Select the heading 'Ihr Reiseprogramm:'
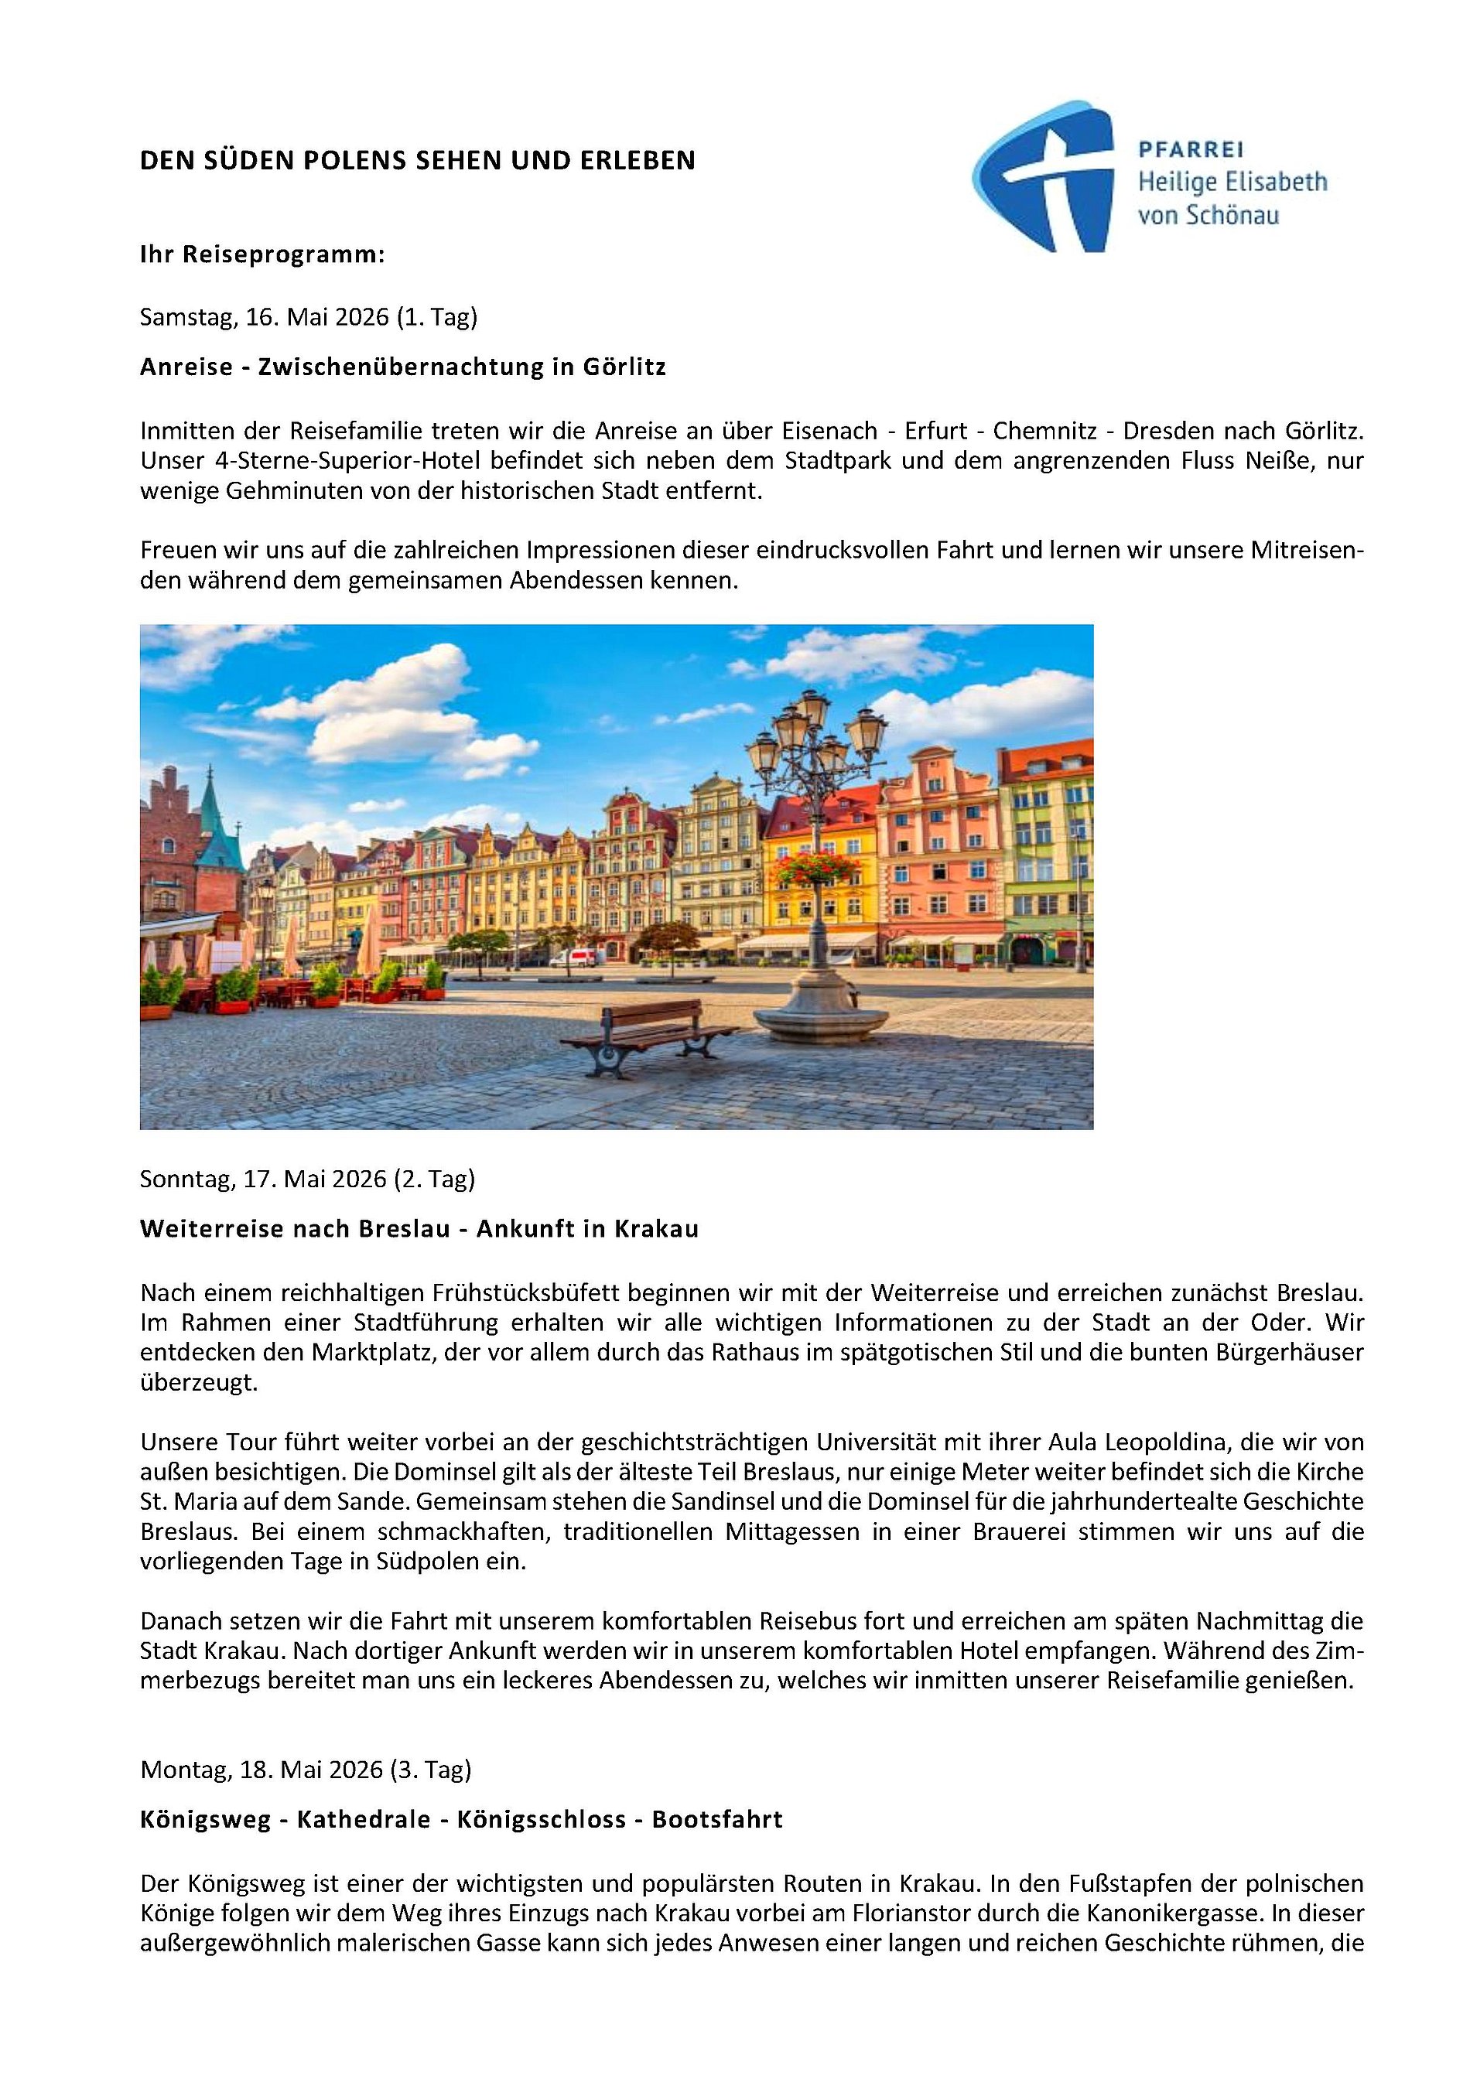coord(262,254)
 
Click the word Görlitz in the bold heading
coord(624,367)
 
